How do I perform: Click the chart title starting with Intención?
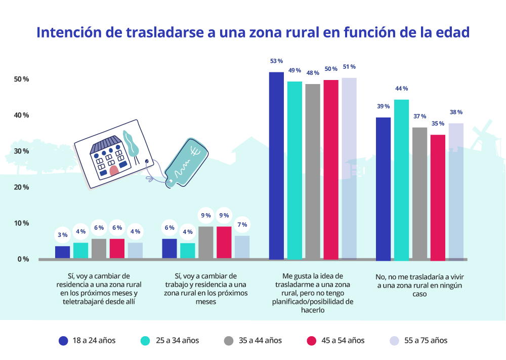click(253, 32)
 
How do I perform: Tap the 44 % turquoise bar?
click(402, 180)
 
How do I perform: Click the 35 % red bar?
click(438, 197)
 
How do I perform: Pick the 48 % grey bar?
click(313, 172)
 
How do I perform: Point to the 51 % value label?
click(349, 66)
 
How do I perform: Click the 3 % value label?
click(62, 235)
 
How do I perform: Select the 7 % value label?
click(242, 225)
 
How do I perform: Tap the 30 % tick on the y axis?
click(21, 151)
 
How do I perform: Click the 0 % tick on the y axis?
click(23, 259)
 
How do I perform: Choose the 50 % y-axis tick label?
click(21, 79)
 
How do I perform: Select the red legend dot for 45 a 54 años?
click(312, 340)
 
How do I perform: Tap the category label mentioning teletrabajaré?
click(98, 289)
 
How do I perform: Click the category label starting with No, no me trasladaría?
click(421, 285)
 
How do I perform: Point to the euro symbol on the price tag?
click(196, 150)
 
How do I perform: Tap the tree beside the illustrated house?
click(131, 144)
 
